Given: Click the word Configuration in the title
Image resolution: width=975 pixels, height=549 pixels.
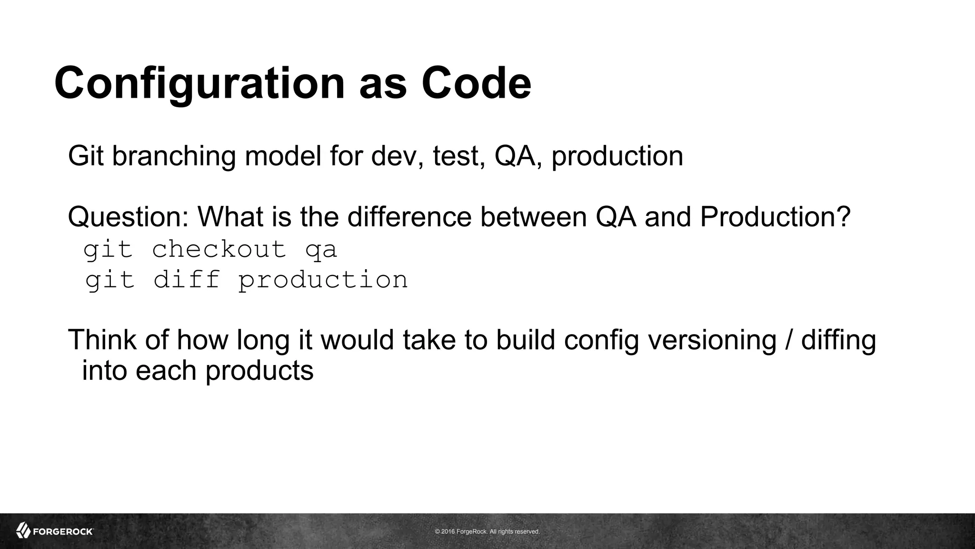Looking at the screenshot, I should click(x=199, y=83).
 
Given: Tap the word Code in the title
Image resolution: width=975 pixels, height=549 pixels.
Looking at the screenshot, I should click(x=476, y=83).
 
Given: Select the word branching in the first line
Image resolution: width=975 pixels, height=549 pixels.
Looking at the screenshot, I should click(x=174, y=156).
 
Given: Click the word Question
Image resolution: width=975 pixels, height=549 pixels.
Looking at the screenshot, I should click(x=128, y=217).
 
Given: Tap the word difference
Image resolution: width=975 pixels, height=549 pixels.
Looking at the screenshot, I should click(x=409, y=217).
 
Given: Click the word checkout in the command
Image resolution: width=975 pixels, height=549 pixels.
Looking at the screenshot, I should click(x=219, y=249).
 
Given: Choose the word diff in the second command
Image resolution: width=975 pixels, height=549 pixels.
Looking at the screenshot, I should click(x=187, y=279).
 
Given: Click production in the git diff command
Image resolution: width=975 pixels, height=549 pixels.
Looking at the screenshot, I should click(x=323, y=280).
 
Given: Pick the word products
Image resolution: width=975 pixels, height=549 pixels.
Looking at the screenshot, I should click(x=259, y=370).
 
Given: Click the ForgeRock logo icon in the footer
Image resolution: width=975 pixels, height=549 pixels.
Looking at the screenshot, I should click(x=23, y=530).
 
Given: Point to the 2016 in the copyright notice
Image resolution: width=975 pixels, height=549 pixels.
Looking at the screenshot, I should click(x=448, y=531).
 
